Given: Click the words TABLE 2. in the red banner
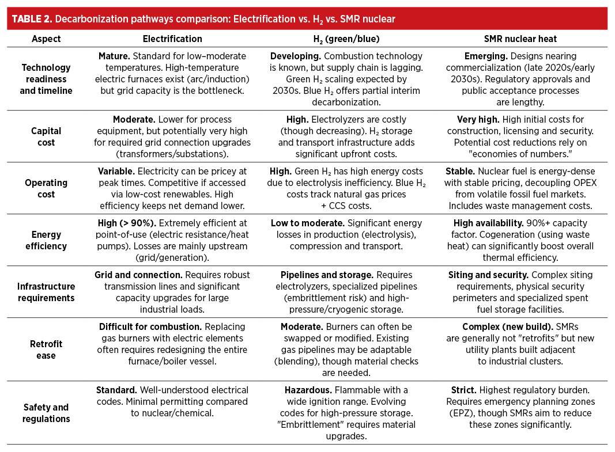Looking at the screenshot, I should click(x=31, y=18).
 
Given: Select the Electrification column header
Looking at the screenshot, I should click(x=172, y=39).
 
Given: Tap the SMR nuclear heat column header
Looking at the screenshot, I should click(x=520, y=39).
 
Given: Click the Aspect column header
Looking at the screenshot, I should click(x=46, y=39).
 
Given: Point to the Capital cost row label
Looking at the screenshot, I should click(x=46, y=136).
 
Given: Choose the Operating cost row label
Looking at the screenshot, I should click(x=46, y=188).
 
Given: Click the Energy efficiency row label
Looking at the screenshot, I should click(x=46, y=240).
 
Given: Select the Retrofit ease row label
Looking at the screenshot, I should click(x=46, y=350).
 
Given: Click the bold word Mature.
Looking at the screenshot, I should click(x=114, y=56).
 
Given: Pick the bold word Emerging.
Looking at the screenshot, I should click(x=486, y=56).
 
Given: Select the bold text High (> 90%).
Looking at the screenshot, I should click(x=122, y=223).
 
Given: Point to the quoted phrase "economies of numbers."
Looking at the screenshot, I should click(x=520, y=154).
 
